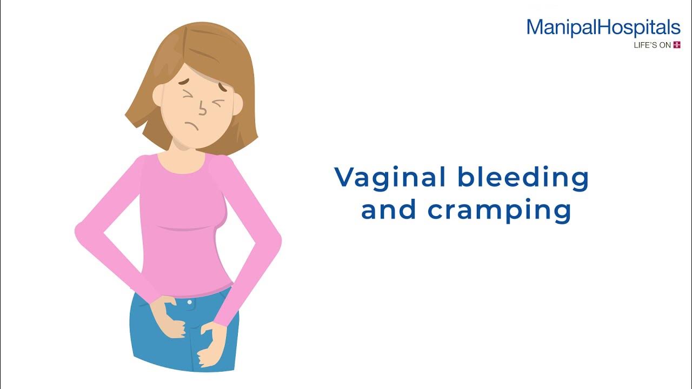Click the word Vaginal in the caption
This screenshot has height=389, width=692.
391,178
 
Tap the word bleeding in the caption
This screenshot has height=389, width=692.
523,178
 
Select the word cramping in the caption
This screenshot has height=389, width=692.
499,211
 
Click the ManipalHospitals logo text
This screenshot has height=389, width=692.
603,28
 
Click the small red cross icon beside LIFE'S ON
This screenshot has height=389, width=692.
676,45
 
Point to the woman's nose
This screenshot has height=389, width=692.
202,109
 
